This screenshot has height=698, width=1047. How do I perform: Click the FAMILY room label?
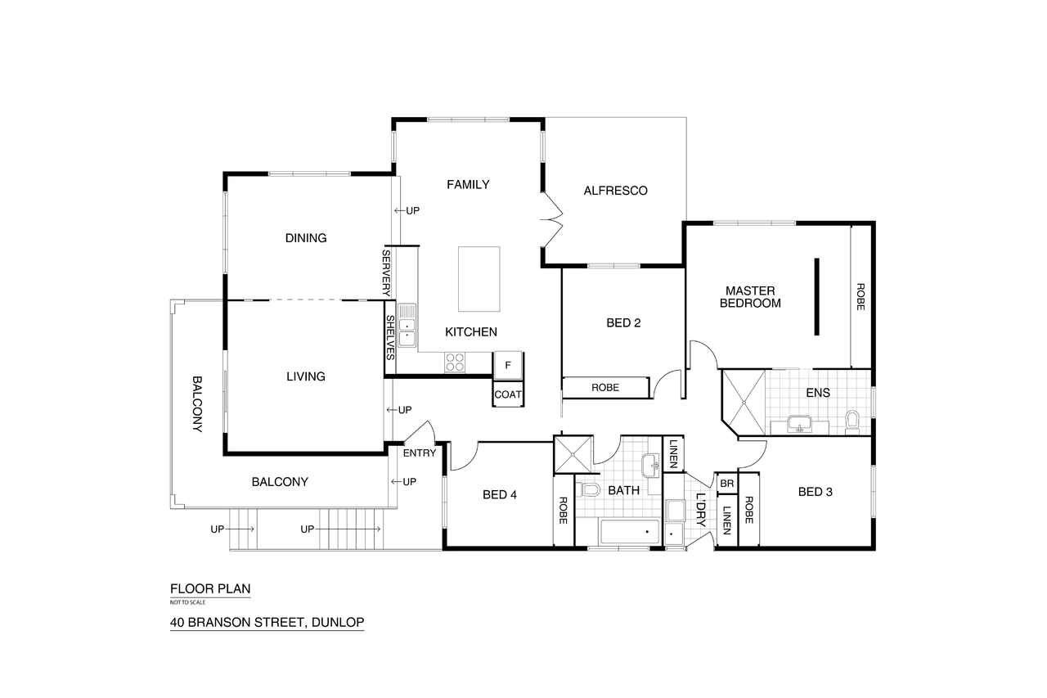tap(468, 185)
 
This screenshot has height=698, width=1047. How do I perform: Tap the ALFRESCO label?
tap(615, 191)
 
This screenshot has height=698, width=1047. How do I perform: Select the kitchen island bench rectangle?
tap(479, 279)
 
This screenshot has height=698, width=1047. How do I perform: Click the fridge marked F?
tap(508, 365)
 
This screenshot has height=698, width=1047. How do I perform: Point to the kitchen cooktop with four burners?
tap(455, 362)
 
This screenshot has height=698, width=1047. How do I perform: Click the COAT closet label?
tap(508, 394)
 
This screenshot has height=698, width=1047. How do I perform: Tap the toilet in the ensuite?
tap(852, 422)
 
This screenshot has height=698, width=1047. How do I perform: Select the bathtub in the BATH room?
tap(630, 532)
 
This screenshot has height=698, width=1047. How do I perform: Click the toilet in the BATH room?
tap(588, 490)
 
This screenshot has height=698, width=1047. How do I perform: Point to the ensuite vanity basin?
tap(799, 424)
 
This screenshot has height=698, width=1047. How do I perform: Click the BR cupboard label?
tap(727, 484)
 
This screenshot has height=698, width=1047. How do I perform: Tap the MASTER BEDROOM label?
tap(750, 297)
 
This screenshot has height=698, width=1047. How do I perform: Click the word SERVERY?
tap(387, 273)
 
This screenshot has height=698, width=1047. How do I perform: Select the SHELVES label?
tap(390, 338)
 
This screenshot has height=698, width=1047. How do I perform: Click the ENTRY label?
tap(420, 453)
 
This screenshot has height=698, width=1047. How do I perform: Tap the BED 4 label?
tap(500, 494)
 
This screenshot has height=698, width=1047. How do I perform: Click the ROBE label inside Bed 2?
tap(605, 388)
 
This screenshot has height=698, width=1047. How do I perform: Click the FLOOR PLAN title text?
tap(210, 588)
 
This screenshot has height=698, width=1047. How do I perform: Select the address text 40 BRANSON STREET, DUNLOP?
tap(267, 622)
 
